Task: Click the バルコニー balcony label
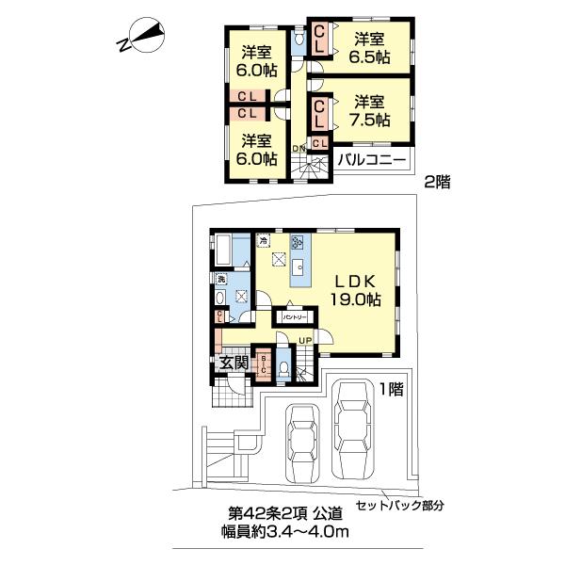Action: tap(373, 160)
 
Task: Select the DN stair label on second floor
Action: tap(299, 149)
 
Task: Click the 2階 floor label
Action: tap(436, 183)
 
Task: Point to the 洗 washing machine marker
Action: tap(221, 280)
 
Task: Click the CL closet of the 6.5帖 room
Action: tap(320, 39)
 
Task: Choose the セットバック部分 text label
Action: tap(398, 506)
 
